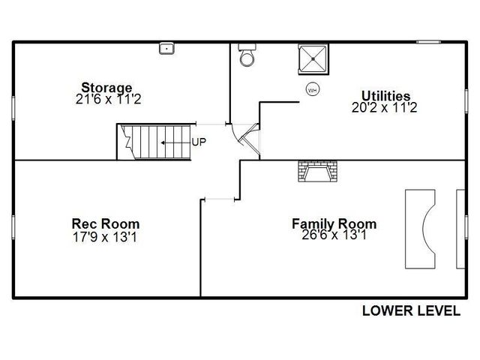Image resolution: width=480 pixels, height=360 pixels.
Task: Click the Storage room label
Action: pos(106,88)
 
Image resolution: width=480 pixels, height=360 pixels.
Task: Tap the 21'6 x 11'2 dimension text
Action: pos(108,99)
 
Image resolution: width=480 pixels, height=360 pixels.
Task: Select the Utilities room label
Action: pos(385,96)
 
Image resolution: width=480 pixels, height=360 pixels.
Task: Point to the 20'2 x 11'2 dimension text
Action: pos(384,107)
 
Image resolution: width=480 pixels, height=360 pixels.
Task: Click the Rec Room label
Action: pos(106,223)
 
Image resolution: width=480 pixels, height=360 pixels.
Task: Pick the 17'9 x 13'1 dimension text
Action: pos(105,237)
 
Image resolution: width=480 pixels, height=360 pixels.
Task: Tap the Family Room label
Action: pos(334,223)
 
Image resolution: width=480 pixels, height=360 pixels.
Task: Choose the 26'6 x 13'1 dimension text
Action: pos(334,235)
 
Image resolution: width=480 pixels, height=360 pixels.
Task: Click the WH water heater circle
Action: pos(312,90)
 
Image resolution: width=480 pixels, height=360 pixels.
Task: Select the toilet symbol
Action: pos(247,55)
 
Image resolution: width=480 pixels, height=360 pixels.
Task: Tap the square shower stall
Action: pos(313,59)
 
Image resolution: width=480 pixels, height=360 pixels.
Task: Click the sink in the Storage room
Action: pos(166,49)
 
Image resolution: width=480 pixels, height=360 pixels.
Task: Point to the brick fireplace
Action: pos(318,171)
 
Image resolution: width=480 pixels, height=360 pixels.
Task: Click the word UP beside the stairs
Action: pos(199,142)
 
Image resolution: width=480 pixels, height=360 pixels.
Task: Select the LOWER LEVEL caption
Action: pos(412,311)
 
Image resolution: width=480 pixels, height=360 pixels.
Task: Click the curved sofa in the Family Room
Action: pos(420,229)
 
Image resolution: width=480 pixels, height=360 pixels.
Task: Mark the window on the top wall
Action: pos(428,42)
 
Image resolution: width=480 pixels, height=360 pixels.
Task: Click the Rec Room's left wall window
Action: pos(13,227)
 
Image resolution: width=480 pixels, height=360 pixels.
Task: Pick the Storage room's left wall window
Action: pos(13,108)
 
